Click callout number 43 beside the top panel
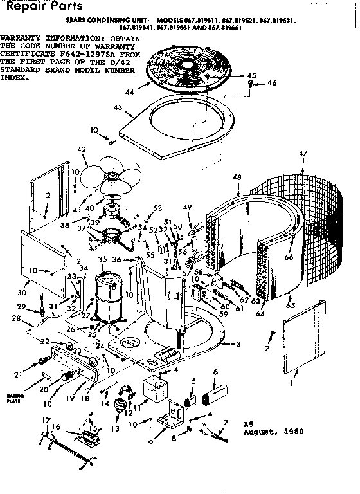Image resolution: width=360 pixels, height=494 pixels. pyautogui.click(x=118, y=107)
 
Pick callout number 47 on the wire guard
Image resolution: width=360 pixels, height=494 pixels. pyautogui.click(x=303, y=152)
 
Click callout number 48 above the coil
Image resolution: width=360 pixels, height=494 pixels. pyautogui.click(x=237, y=178)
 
